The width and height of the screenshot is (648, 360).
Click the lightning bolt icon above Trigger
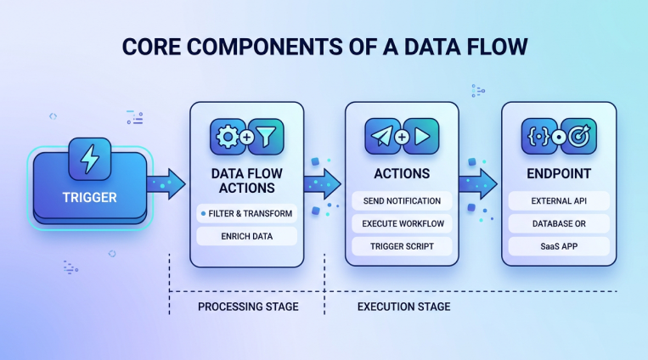click(x=89, y=159)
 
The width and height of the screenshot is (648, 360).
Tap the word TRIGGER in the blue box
click(x=89, y=198)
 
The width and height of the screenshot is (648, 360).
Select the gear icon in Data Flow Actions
click(x=227, y=137)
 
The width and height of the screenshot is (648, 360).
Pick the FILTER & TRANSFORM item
click(x=246, y=212)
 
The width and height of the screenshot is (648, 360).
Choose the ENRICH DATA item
click(x=246, y=236)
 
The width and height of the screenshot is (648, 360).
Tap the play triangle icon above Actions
click(x=422, y=137)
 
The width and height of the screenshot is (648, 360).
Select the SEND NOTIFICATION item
click(x=402, y=201)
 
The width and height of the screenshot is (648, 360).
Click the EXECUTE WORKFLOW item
click(x=402, y=224)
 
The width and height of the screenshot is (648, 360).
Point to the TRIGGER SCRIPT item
click(x=402, y=247)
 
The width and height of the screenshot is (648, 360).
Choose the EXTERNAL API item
click(x=558, y=201)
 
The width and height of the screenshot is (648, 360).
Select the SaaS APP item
click(x=558, y=247)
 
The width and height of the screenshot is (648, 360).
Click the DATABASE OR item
click(x=558, y=224)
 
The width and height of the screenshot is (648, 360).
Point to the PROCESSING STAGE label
click(x=247, y=307)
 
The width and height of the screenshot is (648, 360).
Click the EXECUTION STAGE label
click(x=403, y=307)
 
